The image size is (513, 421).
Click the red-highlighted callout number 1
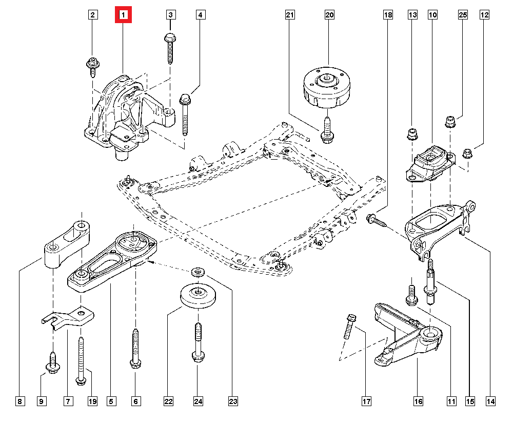point(123,15)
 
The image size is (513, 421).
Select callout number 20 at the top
point(329,15)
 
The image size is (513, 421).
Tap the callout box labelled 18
point(387,15)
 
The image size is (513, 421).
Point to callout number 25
point(463,15)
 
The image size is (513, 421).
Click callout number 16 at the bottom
point(418,401)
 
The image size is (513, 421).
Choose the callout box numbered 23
point(233,401)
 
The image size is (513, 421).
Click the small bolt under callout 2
point(93,66)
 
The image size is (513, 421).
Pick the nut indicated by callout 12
point(467,153)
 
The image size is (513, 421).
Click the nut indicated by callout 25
point(450,122)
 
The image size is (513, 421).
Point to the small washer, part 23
point(196,272)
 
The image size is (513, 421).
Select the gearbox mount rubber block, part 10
point(429,163)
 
